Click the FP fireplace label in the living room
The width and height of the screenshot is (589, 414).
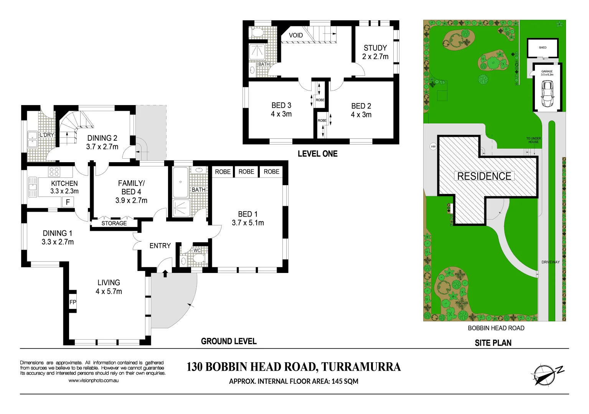[73, 302]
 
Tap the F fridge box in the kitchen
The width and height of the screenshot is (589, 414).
[68, 202]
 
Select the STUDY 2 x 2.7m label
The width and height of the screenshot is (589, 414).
[375, 52]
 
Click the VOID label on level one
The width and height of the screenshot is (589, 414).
[296, 35]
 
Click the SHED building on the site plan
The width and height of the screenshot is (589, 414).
[543, 48]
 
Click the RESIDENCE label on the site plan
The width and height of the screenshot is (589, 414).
[484, 176]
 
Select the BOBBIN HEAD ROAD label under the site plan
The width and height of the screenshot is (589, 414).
[496, 328]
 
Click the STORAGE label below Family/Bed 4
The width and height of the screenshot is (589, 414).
[114, 223]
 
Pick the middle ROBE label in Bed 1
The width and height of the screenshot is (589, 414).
[246, 172]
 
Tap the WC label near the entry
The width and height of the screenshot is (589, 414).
[197, 250]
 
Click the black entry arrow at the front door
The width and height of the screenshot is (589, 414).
[165, 273]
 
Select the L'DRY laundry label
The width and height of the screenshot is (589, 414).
[47, 135]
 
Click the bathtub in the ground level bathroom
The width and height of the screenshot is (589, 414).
[180, 182]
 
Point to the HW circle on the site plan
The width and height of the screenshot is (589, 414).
[433, 146]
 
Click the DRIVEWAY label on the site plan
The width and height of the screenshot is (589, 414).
[550, 262]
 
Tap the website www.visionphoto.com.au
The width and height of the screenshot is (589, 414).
[94, 381]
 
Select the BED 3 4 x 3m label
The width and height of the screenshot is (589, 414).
[281, 110]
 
